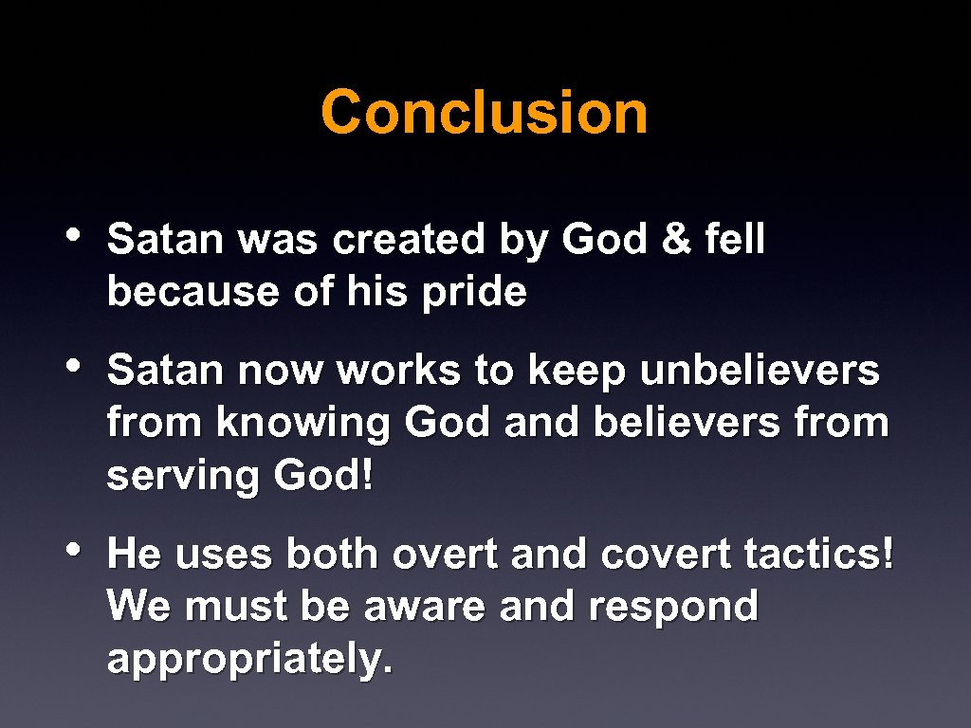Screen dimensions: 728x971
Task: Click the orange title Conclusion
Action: coord(485,112)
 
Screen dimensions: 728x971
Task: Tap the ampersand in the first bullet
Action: coord(676,240)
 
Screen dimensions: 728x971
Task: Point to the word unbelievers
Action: coord(760,371)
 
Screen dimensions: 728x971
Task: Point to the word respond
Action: coord(672,606)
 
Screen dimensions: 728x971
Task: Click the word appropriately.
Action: coord(249,659)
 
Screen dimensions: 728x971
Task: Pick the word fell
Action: coord(735,240)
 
